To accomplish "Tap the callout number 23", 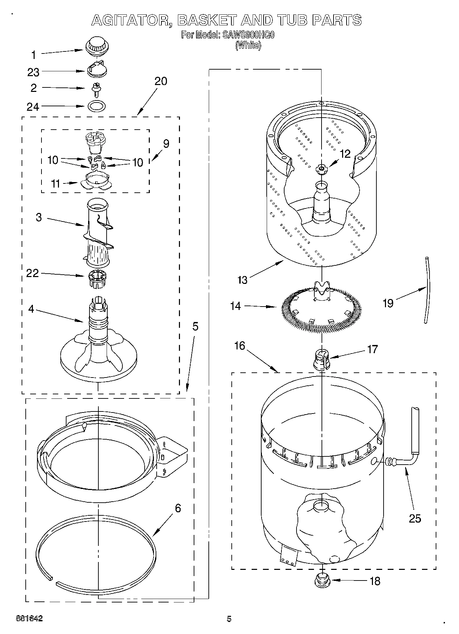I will click(34, 72).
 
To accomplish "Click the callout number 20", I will click(160, 81).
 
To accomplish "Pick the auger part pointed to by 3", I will click(98, 233).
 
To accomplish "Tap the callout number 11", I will click(55, 183).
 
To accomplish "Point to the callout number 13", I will click(242, 280).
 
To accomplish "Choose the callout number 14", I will click(235, 306).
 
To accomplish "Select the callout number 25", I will click(415, 518).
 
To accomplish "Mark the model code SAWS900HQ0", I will click(248, 35).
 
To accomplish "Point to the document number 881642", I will click(29, 619).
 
